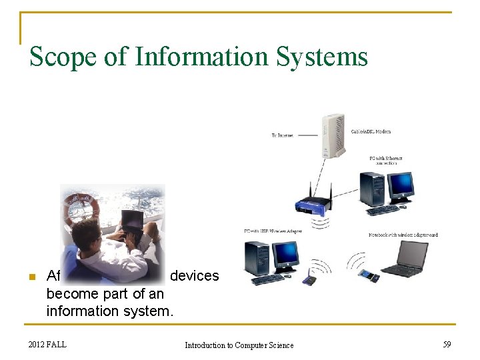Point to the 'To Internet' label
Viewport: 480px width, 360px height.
click(x=282, y=135)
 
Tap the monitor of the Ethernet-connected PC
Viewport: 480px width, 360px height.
click(x=401, y=186)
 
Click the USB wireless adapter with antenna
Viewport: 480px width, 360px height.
click(x=310, y=278)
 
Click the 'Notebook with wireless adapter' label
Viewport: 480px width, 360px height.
click(x=403, y=235)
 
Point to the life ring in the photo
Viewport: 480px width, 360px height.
click(x=81, y=209)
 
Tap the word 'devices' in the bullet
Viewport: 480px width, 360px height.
click(x=194, y=276)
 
